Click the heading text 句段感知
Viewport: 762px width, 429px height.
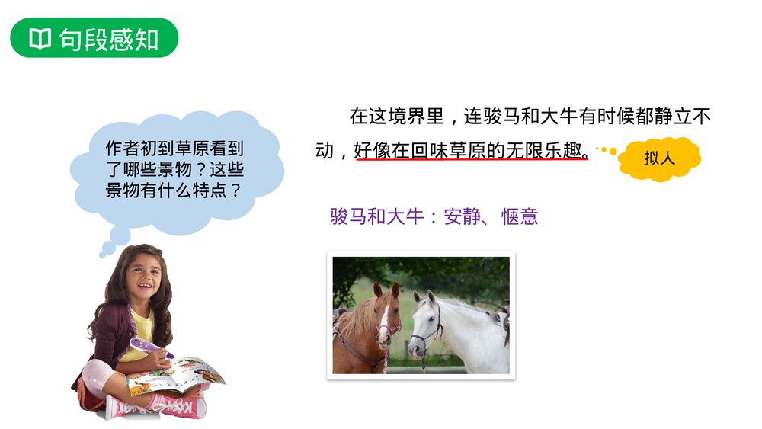(109, 39)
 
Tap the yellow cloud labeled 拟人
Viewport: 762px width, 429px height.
(659, 158)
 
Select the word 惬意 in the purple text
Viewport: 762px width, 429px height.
(520, 216)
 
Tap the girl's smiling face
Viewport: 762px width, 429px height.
(141, 275)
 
